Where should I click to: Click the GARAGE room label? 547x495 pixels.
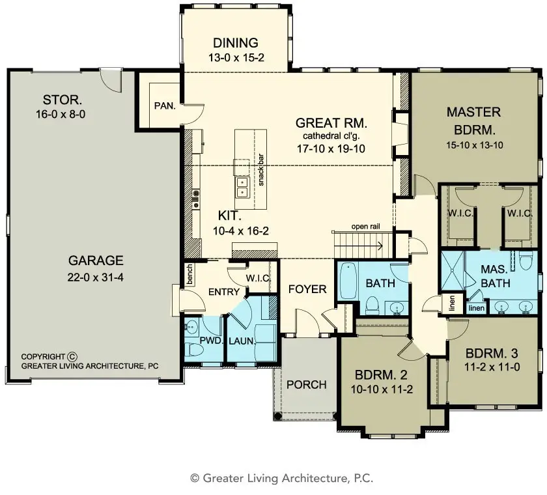coord(96,261)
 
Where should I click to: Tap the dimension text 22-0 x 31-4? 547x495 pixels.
coord(96,276)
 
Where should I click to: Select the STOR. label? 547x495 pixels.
coord(63,100)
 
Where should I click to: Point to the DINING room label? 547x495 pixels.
coord(236,43)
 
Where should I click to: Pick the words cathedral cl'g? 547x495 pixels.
coord(331,136)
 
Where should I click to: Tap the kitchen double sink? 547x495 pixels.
coord(242,186)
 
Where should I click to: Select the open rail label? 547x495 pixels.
coord(365,227)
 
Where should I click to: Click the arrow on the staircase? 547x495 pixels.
coord(378,246)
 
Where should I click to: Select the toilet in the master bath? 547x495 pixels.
coord(526,262)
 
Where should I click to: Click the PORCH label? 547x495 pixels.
coord(306,384)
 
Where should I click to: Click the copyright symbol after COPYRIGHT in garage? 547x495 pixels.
coord(72,356)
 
